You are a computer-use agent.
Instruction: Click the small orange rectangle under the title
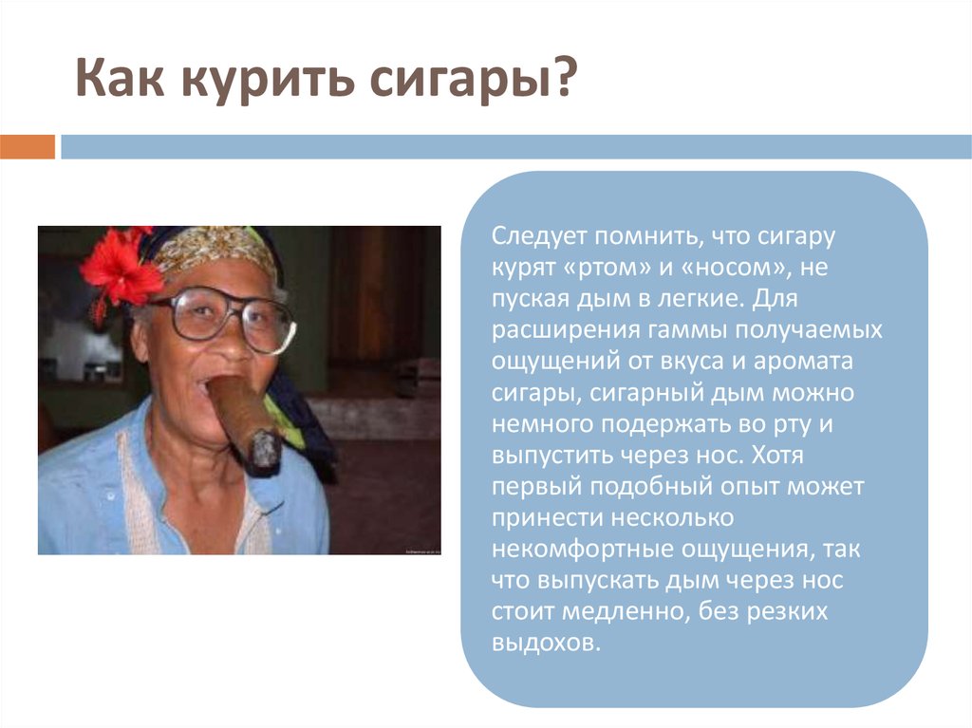tap(28, 147)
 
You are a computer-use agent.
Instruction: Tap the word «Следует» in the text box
tap(538, 237)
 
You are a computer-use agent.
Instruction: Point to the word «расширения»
tap(564, 331)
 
